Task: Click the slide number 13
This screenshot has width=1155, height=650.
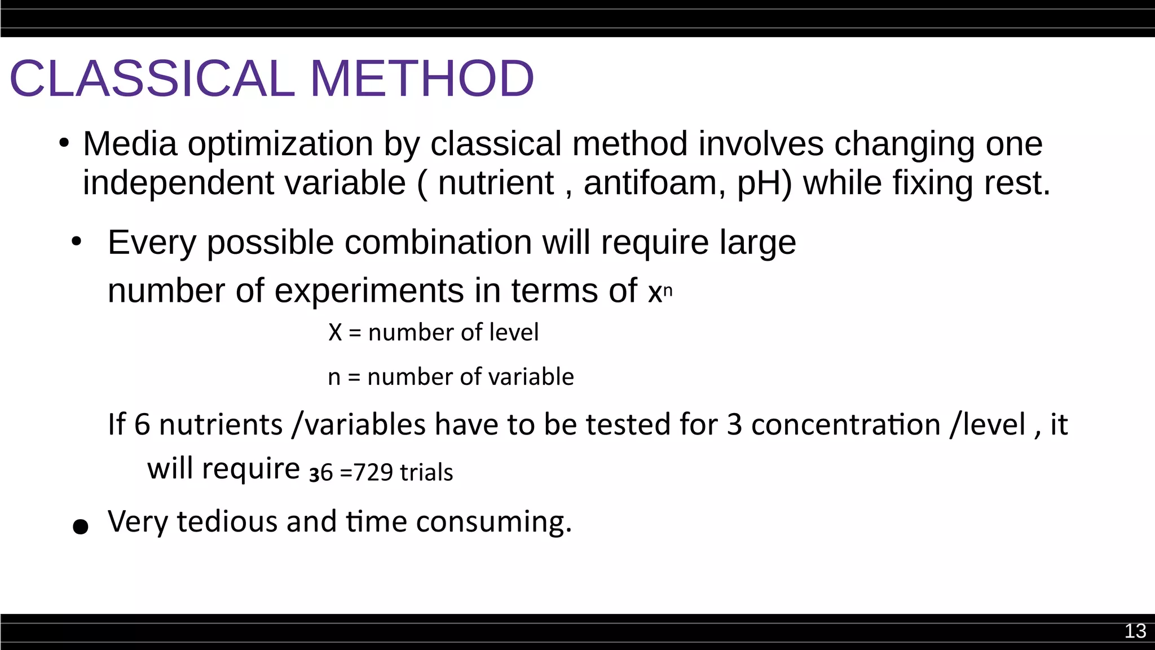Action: pos(1135,631)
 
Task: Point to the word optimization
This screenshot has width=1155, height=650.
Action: pos(280,144)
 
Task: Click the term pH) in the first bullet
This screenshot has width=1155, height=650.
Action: pos(765,183)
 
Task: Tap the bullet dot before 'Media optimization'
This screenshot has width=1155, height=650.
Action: pos(64,142)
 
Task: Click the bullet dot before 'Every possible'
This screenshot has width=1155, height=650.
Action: pos(77,242)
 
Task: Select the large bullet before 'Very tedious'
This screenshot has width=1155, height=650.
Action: pos(81,526)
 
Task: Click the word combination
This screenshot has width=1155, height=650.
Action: pos(438,243)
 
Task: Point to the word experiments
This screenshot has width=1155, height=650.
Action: pos(369,291)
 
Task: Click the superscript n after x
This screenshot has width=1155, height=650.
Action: pos(668,291)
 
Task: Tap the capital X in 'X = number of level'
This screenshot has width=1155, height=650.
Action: pos(335,332)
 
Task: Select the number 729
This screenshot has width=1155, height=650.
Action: pos(373,472)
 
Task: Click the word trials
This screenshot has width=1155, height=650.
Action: pos(426,472)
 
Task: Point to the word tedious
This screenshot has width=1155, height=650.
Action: pos(227,521)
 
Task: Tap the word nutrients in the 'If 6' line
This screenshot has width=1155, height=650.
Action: pos(221,424)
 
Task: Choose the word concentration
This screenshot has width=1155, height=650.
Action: pos(845,424)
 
